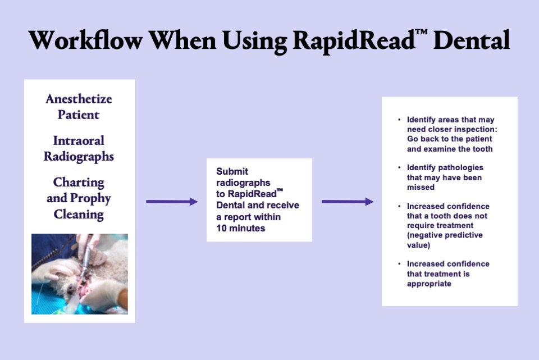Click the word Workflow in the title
pos(85,40)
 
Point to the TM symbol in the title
pos(422,33)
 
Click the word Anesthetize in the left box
pos(79,99)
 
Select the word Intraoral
pos(79,140)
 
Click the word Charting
pos(79,183)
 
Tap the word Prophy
pos(90,199)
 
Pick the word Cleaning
pos(79,215)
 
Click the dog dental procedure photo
pos(80,274)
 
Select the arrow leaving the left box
pos(172,202)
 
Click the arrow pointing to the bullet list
pos(348,202)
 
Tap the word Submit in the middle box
pos(232,171)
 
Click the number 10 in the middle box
pos(222,229)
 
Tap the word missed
pos(421,187)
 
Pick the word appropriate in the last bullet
pos(429,284)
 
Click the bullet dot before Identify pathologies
pos(399,167)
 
